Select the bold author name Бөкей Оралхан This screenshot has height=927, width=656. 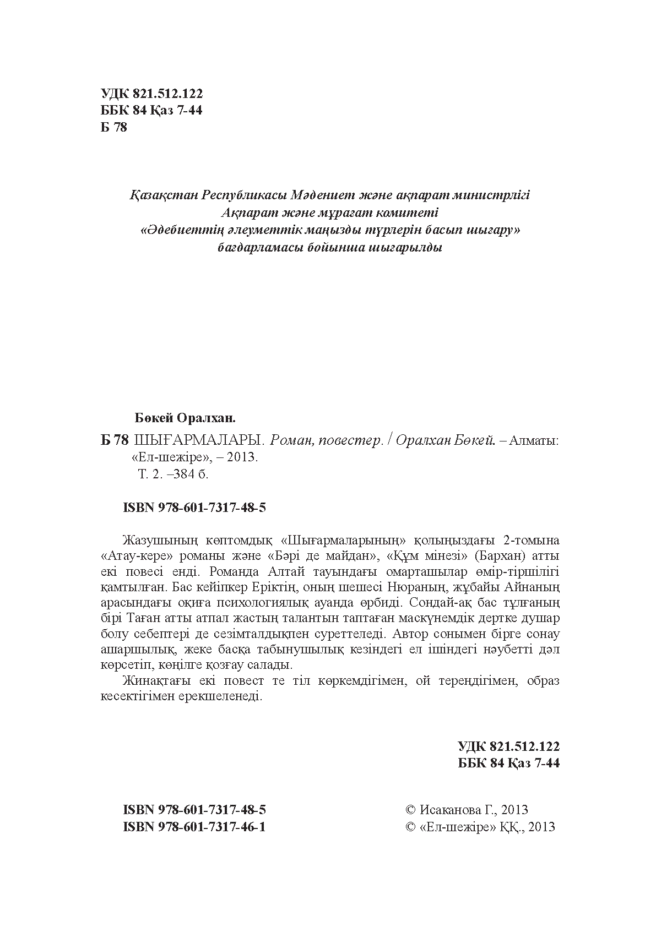185,418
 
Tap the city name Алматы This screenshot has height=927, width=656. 534,440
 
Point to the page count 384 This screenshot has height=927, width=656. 184,474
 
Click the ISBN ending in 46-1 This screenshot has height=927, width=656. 195,826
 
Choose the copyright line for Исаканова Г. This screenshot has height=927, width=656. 467,809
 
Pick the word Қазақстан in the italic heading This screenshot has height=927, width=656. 164,195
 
